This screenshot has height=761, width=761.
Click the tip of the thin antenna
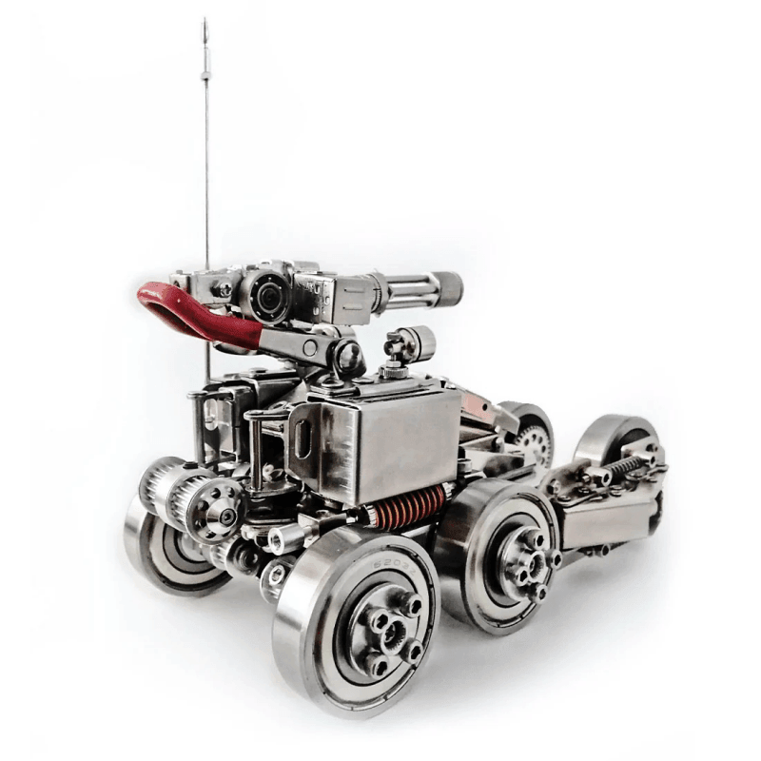(x=204, y=20)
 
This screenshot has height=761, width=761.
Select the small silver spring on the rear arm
(x=622, y=467)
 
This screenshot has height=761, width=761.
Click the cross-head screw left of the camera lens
(x=225, y=288)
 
